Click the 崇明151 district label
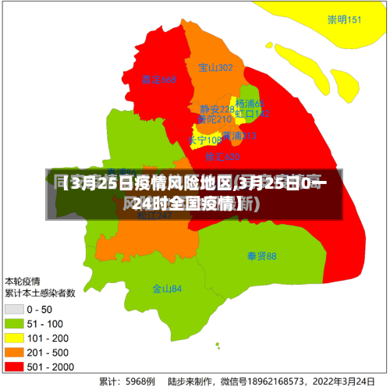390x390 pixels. (x=344, y=19)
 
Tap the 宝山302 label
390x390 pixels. (x=216, y=68)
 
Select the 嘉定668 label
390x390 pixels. (x=159, y=80)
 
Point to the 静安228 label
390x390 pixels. (x=217, y=109)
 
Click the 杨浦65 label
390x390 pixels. (x=250, y=104)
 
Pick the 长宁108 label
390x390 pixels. (x=204, y=140)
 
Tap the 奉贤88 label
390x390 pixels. (x=262, y=256)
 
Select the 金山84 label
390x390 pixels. (x=167, y=289)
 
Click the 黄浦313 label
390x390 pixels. (x=239, y=136)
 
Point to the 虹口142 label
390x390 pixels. (x=253, y=114)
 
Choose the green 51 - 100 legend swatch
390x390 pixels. (x=15, y=324)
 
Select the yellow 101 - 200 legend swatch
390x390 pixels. (x=15, y=338)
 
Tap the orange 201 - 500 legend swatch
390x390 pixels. (x=15, y=352)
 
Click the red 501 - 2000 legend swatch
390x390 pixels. (x=15, y=366)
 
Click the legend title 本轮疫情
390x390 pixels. (x=23, y=281)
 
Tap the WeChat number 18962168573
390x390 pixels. (x=273, y=381)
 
